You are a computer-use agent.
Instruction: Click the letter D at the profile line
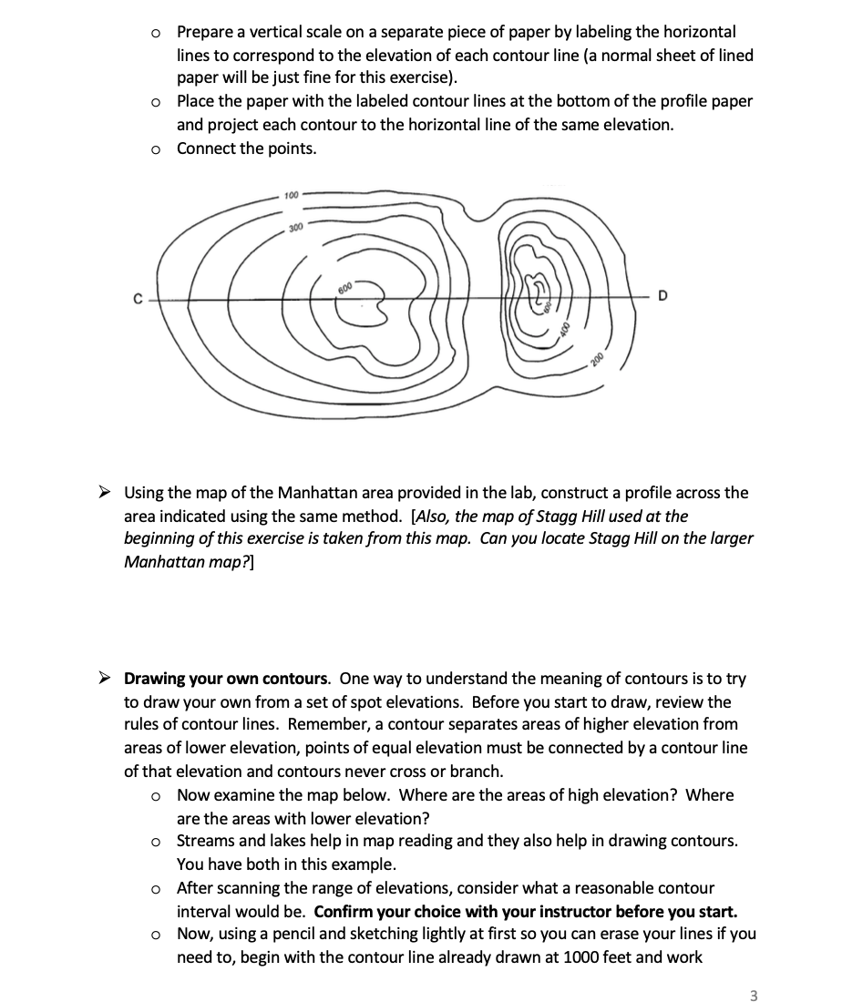[662, 295]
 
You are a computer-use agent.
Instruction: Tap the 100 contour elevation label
[291, 196]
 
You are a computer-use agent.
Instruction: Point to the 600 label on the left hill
[344, 288]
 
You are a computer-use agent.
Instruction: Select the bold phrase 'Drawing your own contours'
[227, 679]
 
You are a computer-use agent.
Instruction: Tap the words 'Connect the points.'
[247, 148]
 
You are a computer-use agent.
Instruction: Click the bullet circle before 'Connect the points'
[157, 148]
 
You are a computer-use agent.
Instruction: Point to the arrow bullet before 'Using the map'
[106, 493]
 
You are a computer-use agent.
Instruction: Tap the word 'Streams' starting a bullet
[207, 840]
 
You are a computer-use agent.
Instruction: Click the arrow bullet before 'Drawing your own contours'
[106, 679]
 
